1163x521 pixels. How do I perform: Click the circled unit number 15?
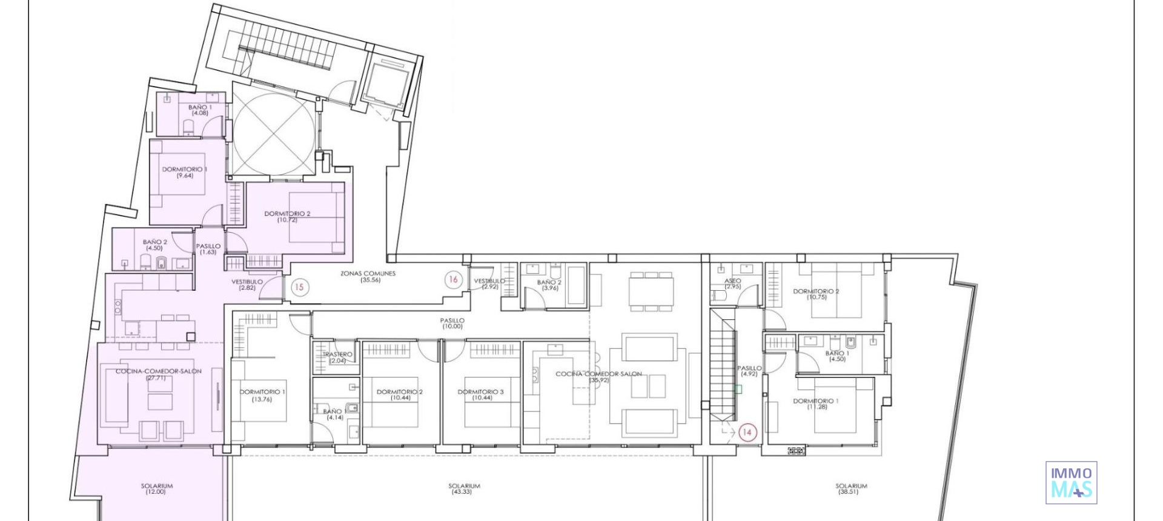(x=299, y=287)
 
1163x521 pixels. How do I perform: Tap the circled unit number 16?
(x=453, y=279)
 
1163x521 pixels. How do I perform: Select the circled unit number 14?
(x=747, y=433)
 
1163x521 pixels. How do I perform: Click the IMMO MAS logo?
(x=1071, y=483)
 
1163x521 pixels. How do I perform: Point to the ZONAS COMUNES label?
(x=368, y=277)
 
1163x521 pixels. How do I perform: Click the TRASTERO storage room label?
(x=337, y=357)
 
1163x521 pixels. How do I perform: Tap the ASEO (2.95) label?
(x=732, y=284)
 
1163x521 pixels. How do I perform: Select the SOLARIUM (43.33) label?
(x=464, y=489)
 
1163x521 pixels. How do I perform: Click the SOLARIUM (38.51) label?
(x=850, y=489)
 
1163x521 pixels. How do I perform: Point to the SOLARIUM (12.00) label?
(x=156, y=489)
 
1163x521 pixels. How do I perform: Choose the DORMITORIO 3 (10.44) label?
(x=481, y=395)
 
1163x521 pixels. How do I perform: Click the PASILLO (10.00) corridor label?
(x=452, y=324)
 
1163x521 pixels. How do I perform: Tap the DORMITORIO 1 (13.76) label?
(x=262, y=395)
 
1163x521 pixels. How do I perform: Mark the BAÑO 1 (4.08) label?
(x=200, y=110)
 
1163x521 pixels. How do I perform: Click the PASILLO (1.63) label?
(x=208, y=249)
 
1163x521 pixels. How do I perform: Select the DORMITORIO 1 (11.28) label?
(x=816, y=403)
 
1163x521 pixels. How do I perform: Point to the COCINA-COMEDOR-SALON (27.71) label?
(x=158, y=374)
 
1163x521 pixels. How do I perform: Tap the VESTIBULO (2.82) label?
(x=247, y=285)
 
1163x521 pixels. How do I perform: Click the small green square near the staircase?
(x=738, y=390)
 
